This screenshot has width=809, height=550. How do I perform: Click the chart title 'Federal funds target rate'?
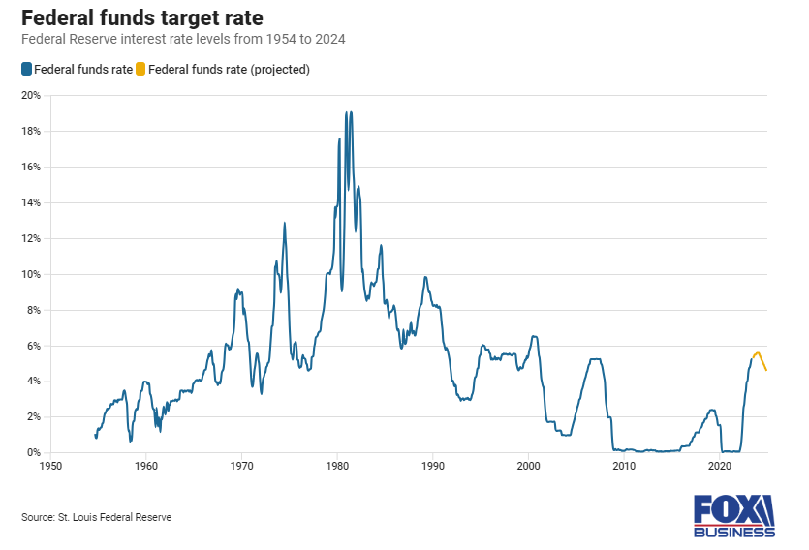141,18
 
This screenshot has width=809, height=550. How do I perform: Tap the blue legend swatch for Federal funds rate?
26,70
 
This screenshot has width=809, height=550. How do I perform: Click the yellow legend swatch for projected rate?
140,70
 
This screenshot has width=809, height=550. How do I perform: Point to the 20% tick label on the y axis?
30,95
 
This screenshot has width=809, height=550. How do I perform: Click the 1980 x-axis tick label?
337,467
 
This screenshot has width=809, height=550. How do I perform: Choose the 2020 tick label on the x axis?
720,467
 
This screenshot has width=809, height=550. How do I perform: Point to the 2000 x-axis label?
528,467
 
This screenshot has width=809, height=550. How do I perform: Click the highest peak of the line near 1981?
346,112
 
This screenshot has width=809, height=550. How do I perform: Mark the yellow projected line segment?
759,355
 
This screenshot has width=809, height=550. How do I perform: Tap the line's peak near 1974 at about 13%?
285,224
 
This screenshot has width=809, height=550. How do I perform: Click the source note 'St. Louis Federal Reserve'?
96,518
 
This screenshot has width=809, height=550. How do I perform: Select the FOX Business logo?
733,515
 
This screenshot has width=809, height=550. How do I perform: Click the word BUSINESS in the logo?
733,532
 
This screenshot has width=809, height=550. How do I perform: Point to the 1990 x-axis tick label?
432,467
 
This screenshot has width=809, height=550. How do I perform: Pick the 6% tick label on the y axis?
32,346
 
